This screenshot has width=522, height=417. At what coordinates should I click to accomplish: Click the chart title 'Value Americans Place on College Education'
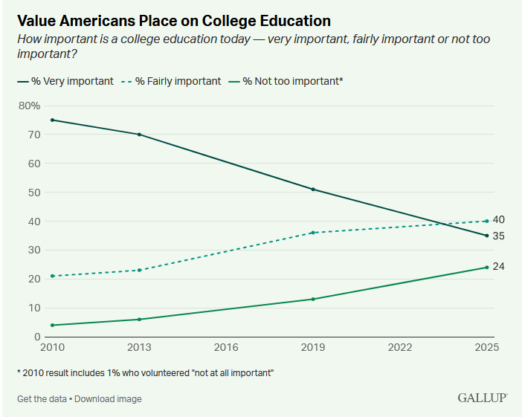click(x=174, y=21)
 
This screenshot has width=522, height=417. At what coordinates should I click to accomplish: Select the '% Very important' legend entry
click(x=65, y=81)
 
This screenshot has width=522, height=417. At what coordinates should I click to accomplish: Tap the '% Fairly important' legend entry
click(x=171, y=81)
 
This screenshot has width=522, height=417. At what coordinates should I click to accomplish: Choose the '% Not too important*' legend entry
click(x=286, y=81)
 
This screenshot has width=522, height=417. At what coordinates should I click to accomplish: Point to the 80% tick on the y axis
click(x=29, y=106)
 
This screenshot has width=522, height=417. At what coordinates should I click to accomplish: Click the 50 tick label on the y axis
click(x=34, y=193)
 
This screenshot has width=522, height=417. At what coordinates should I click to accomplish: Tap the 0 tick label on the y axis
click(x=37, y=337)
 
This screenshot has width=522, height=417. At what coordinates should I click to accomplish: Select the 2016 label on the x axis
click(x=226, y=347)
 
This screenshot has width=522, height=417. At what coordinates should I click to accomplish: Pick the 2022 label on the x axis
click(x=400, y=347)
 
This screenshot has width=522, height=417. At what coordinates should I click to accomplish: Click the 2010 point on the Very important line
click(x=52, y=120)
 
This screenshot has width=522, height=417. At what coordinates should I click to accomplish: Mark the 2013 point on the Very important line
click(x=139, y=135)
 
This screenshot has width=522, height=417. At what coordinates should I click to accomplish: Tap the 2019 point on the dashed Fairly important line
click(x=313, y=233)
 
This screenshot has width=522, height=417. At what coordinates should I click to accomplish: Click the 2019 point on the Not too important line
click(x=313, y=300)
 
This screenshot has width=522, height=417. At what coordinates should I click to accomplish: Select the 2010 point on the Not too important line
click(x=52, y=325)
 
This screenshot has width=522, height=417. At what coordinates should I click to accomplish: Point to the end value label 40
click(x=498, y=219)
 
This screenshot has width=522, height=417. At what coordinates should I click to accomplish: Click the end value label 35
click(x=498, y=236)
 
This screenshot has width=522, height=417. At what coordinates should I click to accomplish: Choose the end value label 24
click(x=498, y=267)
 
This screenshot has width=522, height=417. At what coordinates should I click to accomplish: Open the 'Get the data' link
click(x=42, y=398)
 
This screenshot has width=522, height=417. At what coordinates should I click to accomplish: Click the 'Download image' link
click(x=108, y=398)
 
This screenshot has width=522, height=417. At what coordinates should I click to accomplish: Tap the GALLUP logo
click(x=483, y=398)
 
